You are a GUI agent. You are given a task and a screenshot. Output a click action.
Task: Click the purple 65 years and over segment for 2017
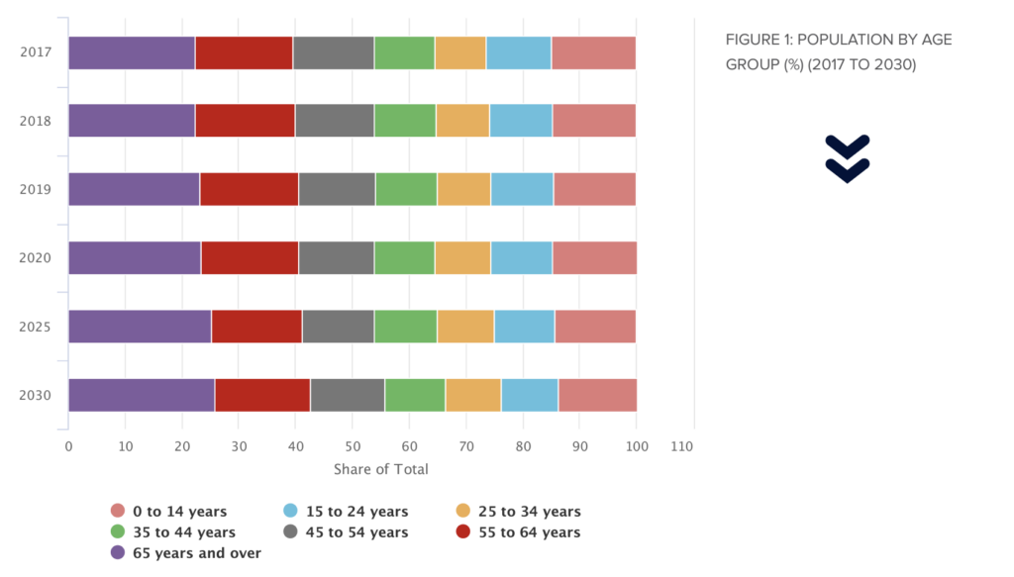point(132,52)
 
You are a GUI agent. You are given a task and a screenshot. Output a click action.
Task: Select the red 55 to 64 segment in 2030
point(262,395)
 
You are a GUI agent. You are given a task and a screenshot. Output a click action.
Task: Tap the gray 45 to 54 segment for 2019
point(337,189)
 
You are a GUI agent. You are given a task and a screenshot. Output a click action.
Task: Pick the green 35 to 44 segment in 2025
point(405,327)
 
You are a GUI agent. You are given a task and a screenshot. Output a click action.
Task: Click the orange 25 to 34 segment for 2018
point(462,121)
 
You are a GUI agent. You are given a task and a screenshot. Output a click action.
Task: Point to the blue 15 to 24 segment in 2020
point(521,257)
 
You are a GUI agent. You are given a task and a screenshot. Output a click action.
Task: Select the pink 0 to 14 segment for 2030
point(597,395)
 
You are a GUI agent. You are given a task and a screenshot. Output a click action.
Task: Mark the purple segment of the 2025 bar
point(140,327)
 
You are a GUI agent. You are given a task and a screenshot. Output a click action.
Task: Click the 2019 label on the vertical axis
point(36,189)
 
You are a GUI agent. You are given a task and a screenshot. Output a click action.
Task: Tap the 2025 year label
point(36,327)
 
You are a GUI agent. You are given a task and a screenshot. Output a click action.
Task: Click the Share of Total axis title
point(381,469)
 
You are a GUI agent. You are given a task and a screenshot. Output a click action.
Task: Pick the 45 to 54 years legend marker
point(291,532)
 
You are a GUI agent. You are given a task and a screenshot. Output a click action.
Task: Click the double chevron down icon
point(847,158)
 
